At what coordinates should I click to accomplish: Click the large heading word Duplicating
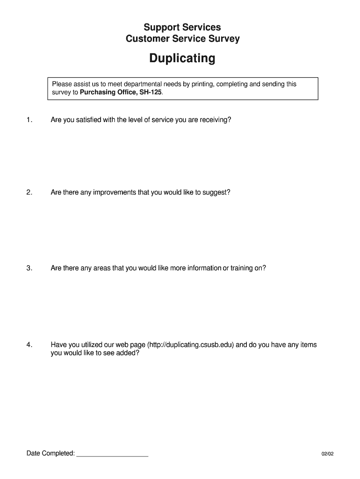(182, 58)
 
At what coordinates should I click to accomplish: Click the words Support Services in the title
(182, 28)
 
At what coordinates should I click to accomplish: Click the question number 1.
(29, 120)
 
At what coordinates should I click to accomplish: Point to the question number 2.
(29, 192)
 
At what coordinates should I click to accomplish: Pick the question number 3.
(29, 268)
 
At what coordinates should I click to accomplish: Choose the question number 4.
(29, 345)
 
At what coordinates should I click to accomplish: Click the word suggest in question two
(216, 192)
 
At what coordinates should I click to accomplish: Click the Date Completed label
(50, 453)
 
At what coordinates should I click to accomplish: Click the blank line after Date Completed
(112, 453)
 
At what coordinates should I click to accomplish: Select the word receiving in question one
(216, 120)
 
